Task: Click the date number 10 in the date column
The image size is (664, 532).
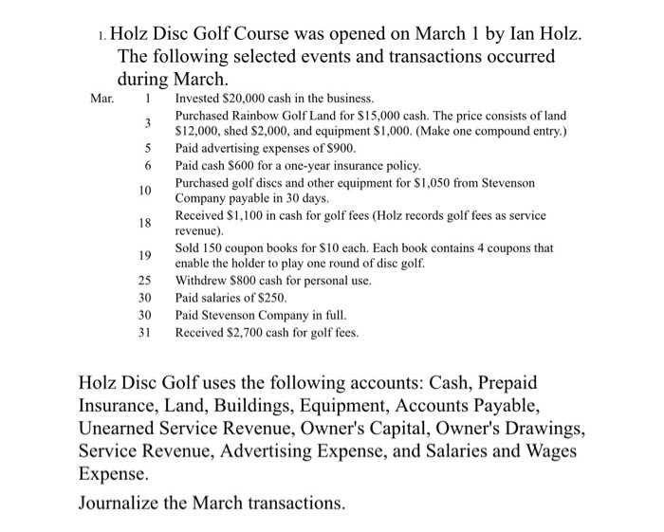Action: tap(144, 191)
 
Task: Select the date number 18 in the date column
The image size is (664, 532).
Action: tap(144, 224)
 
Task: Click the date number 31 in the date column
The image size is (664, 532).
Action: tap(144, 332)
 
